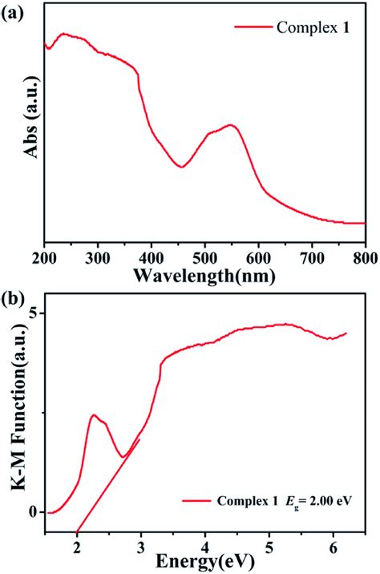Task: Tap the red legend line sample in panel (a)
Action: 253,27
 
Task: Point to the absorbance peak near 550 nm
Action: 231,125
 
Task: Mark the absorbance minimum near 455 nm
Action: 183,167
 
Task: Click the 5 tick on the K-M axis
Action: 34,313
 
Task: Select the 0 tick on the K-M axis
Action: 34,511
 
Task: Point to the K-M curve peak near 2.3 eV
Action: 95,415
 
